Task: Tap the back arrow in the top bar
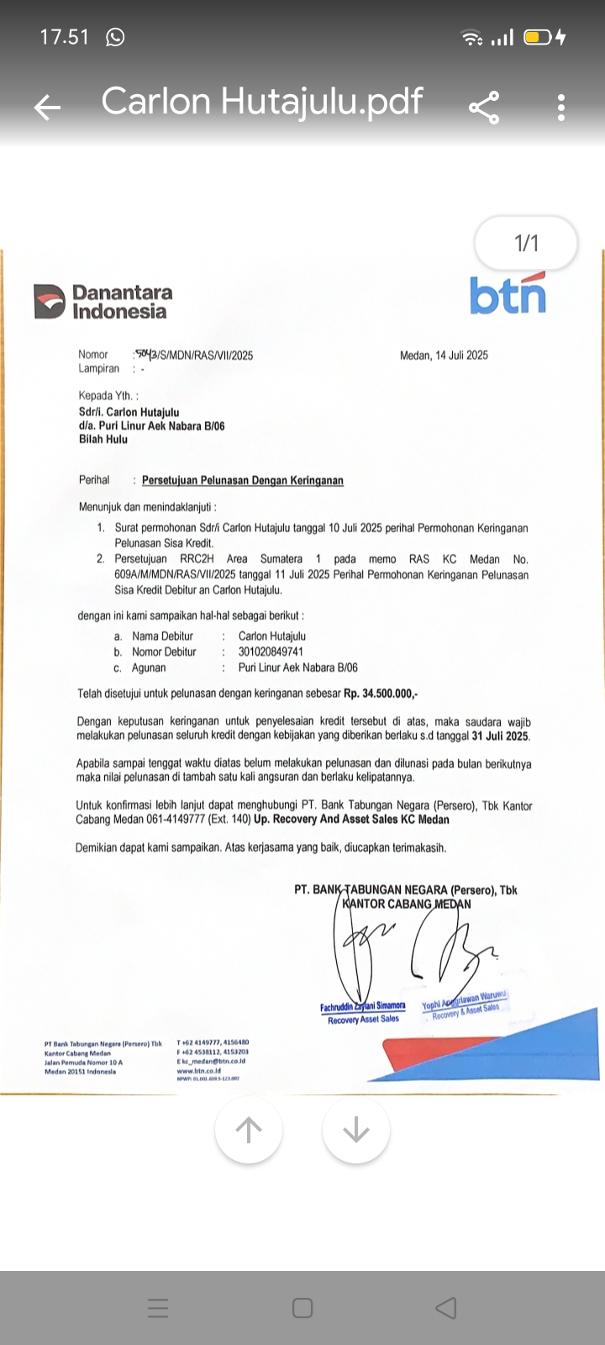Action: pos(47,106)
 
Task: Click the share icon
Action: pos(484,107)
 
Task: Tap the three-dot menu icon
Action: pos(561,107)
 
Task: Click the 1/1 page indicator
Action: pos(526,244)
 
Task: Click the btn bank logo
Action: pos(507,294)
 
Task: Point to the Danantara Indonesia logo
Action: pos(103,301)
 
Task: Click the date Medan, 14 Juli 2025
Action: pos(444,355)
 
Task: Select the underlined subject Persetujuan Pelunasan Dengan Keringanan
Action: pos(242,480)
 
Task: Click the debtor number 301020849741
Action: pos(271,651)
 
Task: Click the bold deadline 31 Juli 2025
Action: pos(500,736)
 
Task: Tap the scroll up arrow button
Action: pos(249,1130)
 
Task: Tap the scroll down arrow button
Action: pos(356,1130)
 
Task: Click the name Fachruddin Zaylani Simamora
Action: pos(362,1006)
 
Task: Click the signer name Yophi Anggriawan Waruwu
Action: pos(465,1000)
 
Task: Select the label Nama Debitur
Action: pos(162,636)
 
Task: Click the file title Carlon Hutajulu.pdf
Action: pos(262,101)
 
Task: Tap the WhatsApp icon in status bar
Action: pos(115,37)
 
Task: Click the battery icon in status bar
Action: pos(537,37)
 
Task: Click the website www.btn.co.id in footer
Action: pos(198,1071)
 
